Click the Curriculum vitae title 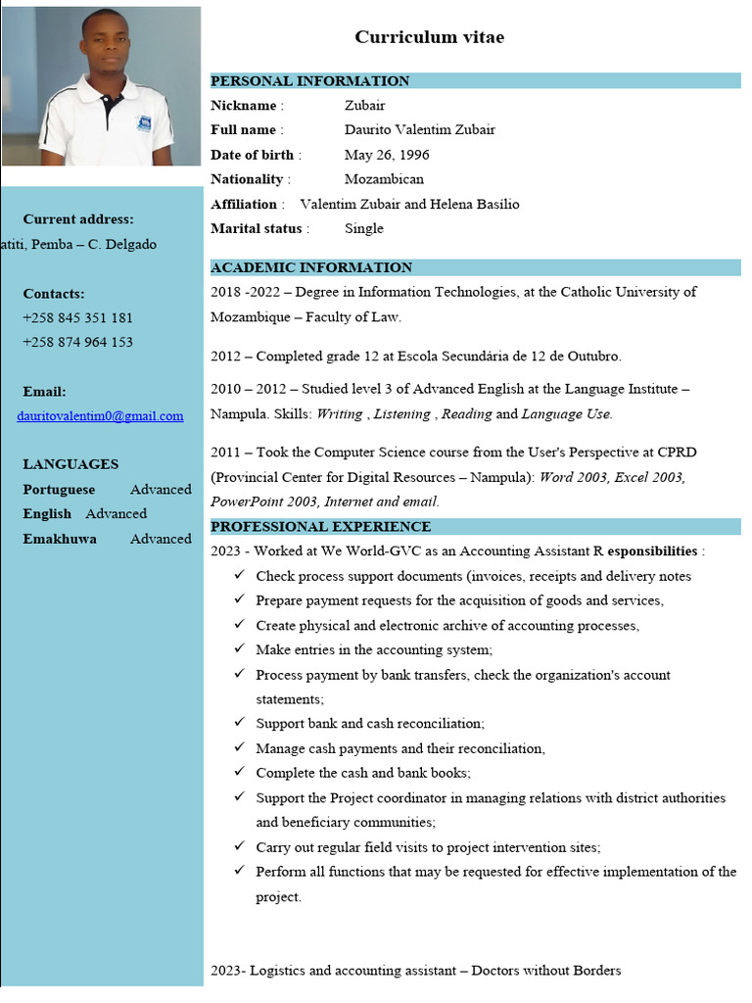pyautogui.click(x=429, y=37)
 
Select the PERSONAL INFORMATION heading pyautogui.click(x=309, y=81)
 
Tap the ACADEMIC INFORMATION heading pyautogui.click(x=311, y=267)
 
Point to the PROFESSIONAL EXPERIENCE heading pyautogui.click(x=320, y=527)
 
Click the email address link pyautogui.click(x=100, y=416)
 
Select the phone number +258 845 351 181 pyautogui.click(x=77, y=317)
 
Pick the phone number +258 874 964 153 pyautogui.click(x=77, y=342)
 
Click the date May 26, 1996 pyautogui.click(x=387, y=155)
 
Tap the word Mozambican pyautogui.click(x=384, y=179)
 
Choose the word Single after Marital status pyautogui.click(x=363, y=228)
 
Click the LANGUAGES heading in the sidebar pyautogui.click(x=70, y=464)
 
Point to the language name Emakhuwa pyautogui.click(x=60, y=539)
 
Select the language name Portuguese pyautogui.click(x=59, y=490)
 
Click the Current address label pyautogui.click(x=78, y=219)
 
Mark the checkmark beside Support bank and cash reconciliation pyautogui.click(x=239, y=723)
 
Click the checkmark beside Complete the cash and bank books pyautogui.click(x=239, y=772)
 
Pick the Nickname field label pyautogui.click(x=243, y=106)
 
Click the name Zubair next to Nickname pyautogui.click(x=364, y=106)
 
